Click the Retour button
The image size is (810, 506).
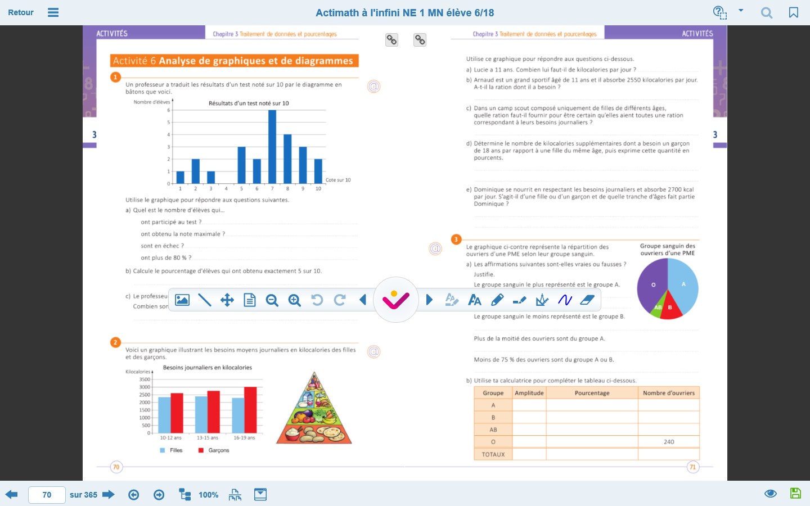pyautogui.click(x=21, y=12)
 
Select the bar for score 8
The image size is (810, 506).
pyautogui.click(x=287, y=159)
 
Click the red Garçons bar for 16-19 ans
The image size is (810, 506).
pyautogui.click(x=250, y=410)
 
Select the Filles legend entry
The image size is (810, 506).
pyautogui.click(x=172, y=450)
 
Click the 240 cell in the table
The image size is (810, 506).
pyautogui.click(x=668, y=442)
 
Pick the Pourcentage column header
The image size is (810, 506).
pyautogui.click(x=592, y=393)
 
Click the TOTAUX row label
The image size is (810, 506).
pyautogui.click(x=493, y=454)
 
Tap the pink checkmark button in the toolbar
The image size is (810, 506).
pyautogui.click(x=396, y=300)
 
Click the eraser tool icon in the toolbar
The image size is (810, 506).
pyautogui.click(x=587, y=300)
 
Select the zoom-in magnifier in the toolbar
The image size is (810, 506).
pyautogui.click(x=295, y=300)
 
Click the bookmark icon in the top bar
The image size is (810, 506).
pyautogui.click(x=794, y=12)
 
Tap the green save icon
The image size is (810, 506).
pyautogui.click(x=795, y=494)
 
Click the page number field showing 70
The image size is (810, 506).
pyautogui.click(x=47, y=495)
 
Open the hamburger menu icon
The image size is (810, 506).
pyautogui.click(x=53, y=12)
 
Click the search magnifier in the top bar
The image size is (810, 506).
pyautogui.click(x=767, y=12)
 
